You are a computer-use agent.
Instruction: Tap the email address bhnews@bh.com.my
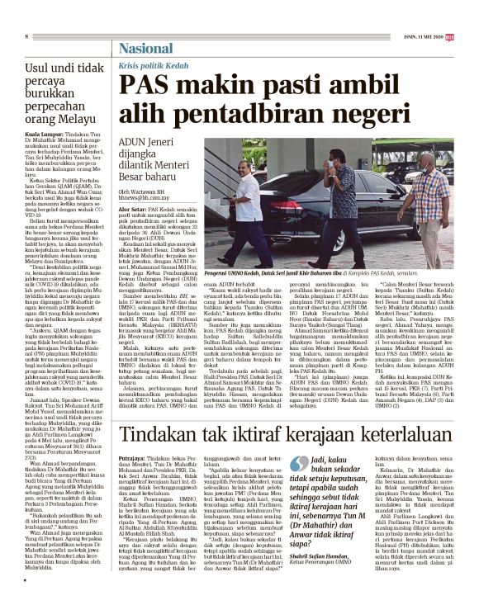point(143,198)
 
